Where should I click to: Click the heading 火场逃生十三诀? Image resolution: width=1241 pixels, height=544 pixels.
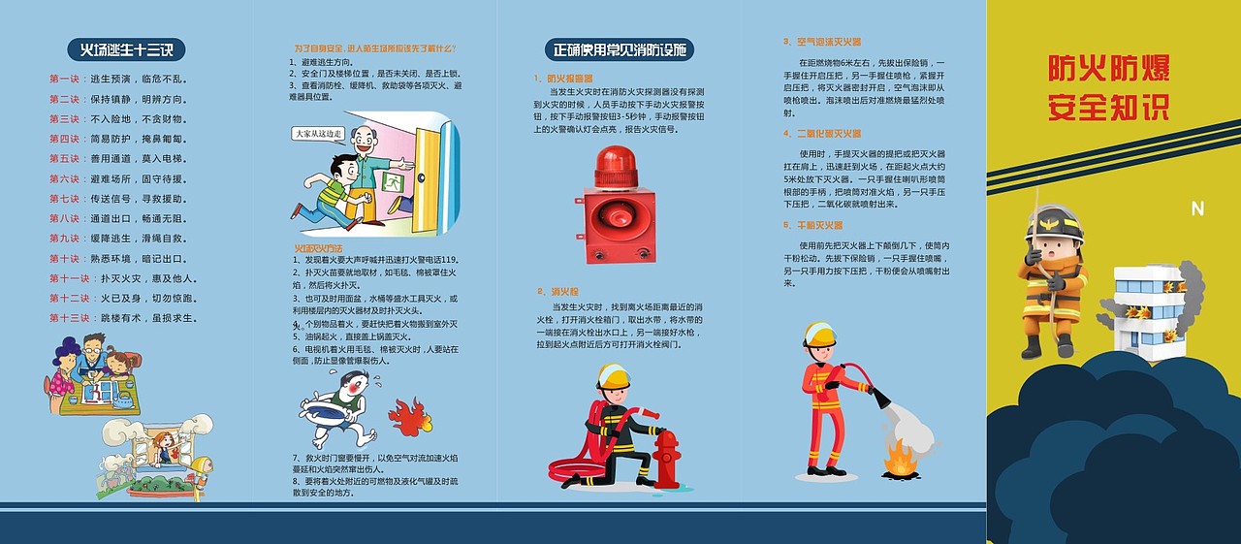[125, 49]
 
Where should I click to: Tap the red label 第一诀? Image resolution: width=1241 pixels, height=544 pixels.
[64, 79]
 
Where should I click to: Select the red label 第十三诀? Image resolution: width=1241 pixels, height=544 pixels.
[68, 318]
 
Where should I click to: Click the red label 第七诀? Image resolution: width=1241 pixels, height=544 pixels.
[64, 199]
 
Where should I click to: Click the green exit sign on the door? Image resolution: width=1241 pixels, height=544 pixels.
[394, 181]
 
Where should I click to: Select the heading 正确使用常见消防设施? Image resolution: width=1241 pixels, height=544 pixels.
[619, 49]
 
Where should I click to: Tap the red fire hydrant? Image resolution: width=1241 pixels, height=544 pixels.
[667, 459]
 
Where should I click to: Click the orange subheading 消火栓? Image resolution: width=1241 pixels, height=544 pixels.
[564, 291]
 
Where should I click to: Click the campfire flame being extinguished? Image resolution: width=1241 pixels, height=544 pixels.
[900, 459]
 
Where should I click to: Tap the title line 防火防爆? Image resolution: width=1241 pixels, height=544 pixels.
[1108, 69]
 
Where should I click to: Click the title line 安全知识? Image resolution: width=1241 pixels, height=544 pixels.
[1108, 107]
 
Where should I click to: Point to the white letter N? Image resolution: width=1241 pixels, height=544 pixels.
[1196, 208]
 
